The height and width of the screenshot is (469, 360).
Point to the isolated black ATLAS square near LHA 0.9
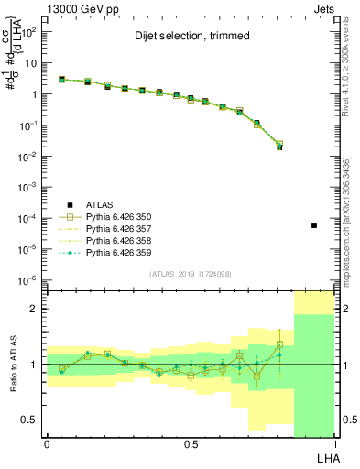coord(314,225)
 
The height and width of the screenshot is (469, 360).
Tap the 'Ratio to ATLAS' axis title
coord(12,364)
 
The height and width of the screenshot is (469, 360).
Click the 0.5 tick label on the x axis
coord(190,444)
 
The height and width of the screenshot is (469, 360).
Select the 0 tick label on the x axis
coord(47,444)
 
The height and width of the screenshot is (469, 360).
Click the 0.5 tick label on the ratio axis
coord(30,420)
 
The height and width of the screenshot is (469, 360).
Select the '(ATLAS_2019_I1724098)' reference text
coord(190,274)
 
